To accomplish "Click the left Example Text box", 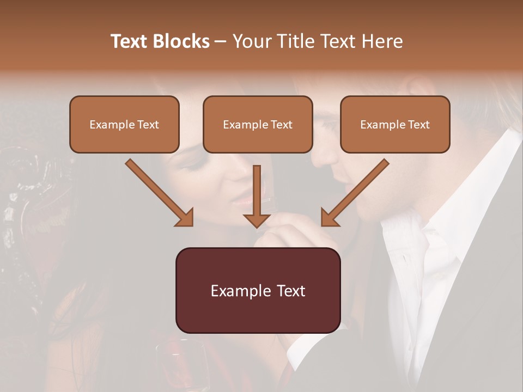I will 124,125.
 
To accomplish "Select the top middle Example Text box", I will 258,125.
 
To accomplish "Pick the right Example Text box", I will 395,125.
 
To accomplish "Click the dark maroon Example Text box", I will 258,290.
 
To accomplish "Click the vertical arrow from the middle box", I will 257,191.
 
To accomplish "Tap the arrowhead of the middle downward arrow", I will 257,220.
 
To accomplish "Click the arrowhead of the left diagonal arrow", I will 185,218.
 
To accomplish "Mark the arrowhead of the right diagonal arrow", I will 329,218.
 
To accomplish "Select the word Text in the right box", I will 419,125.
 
